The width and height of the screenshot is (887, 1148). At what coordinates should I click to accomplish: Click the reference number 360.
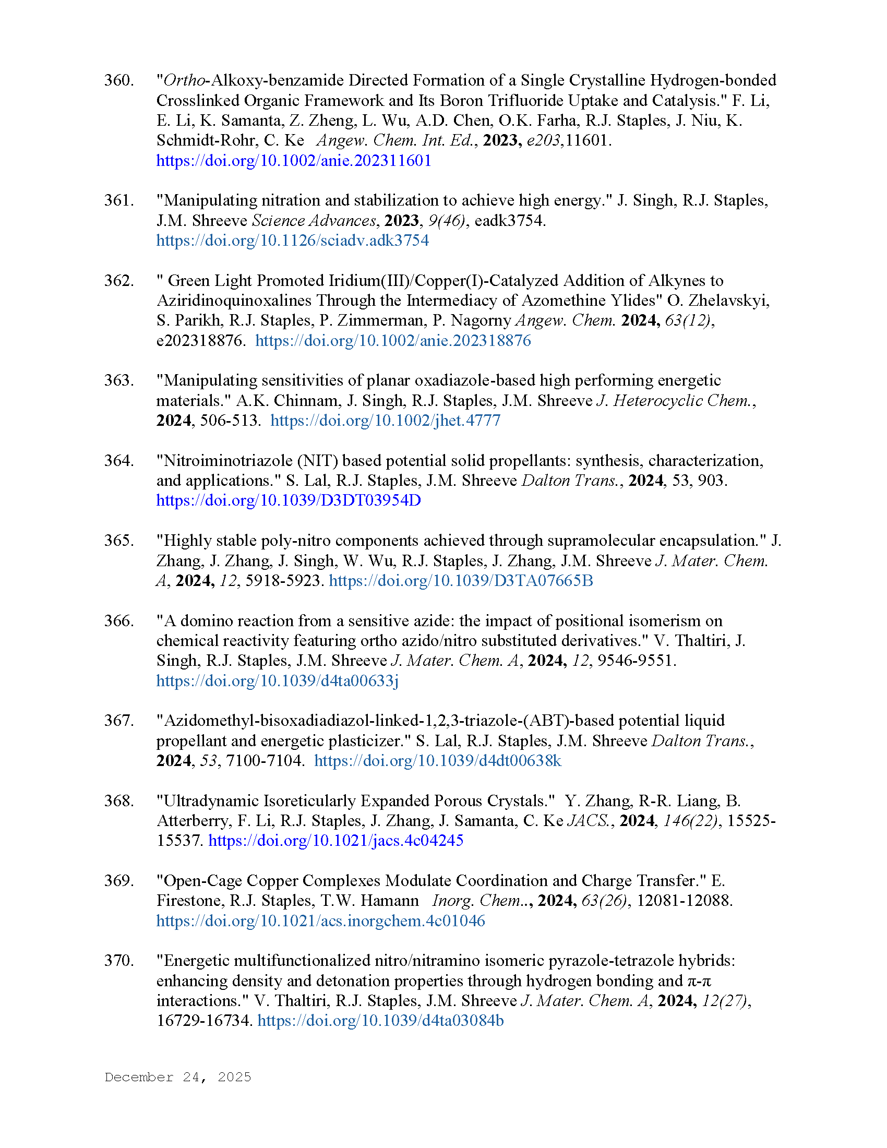point(119,80)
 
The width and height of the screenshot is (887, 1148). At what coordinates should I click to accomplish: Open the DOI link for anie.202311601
point(294,160)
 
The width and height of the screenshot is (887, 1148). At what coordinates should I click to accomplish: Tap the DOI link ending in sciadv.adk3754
point(293,240)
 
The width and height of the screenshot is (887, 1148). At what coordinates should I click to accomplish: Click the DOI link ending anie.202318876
point(393,341)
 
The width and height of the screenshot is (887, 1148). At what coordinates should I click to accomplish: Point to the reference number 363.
point(119,380)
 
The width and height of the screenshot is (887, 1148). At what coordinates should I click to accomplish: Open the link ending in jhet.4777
point(385,421)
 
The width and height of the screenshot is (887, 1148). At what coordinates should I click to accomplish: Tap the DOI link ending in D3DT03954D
point(289,500)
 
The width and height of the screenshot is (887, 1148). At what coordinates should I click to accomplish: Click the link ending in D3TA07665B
point(461,581)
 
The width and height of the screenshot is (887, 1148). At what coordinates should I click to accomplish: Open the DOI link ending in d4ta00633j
point(278,680)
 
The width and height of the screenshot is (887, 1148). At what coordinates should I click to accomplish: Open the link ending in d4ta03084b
point(380,1020)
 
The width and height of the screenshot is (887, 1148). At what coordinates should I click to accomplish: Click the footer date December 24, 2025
point(177,1077)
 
